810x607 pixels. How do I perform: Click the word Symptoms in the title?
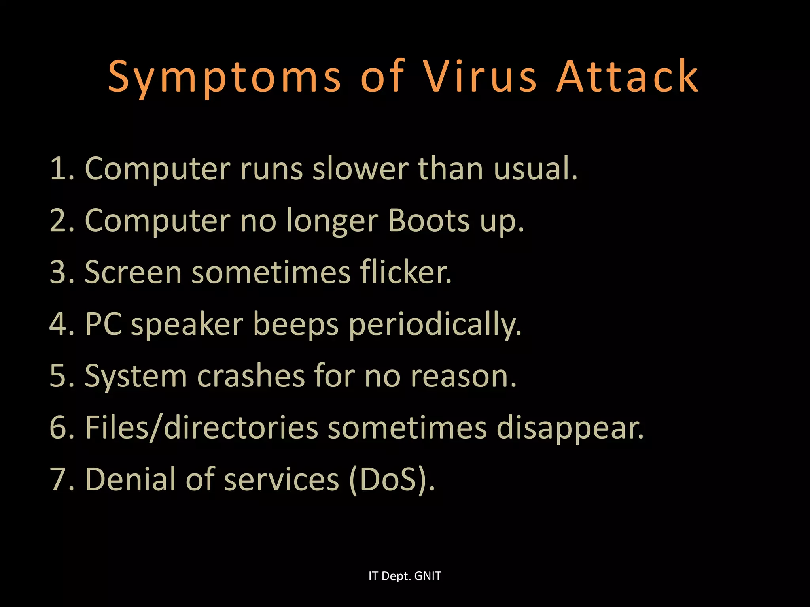(224, 77)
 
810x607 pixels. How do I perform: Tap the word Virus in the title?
(480, 77)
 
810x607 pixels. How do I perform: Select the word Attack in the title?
(628, 77)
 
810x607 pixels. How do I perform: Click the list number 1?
(61, 169)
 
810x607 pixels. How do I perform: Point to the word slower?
(360, 169)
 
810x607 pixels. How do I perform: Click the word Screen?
(133, 273)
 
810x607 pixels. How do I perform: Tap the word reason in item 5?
(463, 377)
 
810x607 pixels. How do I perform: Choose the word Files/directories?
(202, 428)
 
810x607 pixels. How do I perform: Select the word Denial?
(131, 479)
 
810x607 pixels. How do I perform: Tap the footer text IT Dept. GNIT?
(405, 576)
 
